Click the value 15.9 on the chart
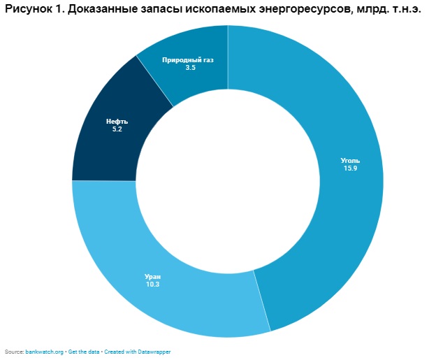(350, 168)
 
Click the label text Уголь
(350, 160)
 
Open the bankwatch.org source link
(44, 352)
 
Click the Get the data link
(84, 352)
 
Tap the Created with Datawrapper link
(137, 352)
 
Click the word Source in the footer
(13, 352)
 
